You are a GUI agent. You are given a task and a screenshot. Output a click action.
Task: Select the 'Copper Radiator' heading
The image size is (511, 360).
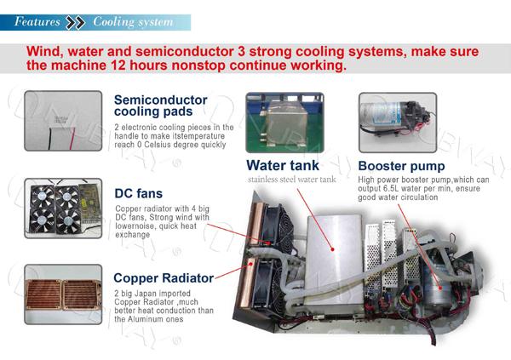163,277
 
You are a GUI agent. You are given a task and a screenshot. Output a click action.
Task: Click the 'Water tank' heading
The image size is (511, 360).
283,165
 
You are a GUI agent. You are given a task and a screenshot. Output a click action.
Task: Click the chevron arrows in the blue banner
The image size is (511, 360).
76,21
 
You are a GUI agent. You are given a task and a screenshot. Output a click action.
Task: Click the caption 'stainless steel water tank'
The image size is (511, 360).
291,180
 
